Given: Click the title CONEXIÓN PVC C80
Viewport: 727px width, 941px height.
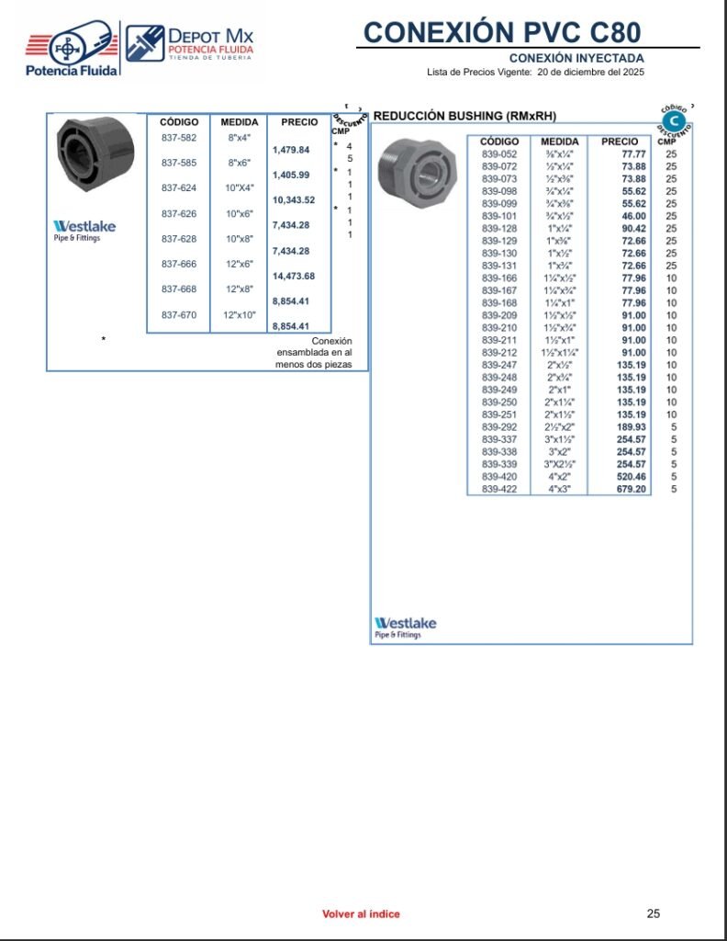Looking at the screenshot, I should [500, 31].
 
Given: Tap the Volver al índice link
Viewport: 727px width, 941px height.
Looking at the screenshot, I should [361, 913].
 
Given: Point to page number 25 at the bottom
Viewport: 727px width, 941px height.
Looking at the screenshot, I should [653, 913].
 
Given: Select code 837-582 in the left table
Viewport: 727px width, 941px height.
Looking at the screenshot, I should [179, 137].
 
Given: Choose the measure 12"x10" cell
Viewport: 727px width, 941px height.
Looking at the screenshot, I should [240, 314].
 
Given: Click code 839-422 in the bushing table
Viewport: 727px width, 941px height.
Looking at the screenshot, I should [499, 489].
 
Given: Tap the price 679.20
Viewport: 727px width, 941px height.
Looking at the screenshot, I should [632, 489].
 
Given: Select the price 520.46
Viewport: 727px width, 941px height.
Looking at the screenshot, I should [632, 477].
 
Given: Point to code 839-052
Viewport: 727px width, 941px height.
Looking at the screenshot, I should [499, 154].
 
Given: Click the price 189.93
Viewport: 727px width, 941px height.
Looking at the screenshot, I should [632, 427].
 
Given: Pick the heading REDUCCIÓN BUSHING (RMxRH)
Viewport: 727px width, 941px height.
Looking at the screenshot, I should [464, 116].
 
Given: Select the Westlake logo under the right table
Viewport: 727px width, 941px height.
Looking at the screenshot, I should [406, 627].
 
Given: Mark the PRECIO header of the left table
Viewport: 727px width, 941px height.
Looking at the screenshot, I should [299, 122].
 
